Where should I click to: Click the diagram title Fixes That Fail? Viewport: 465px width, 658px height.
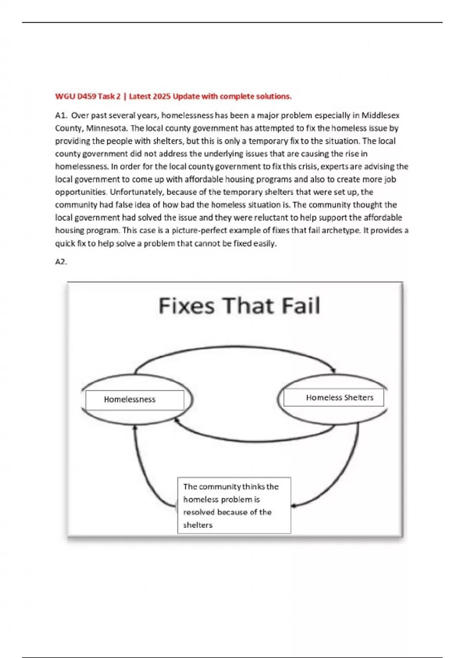point(239,306)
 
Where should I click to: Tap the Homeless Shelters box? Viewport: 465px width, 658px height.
point(334,398)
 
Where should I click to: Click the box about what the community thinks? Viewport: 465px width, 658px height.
point(234,505)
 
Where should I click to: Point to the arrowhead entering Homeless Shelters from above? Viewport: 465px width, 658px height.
point(332,370)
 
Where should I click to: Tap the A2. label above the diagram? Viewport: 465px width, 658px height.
point(61,262)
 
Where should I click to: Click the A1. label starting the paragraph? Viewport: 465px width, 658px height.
point(61,115)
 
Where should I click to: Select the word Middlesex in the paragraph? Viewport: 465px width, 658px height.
point(381,115)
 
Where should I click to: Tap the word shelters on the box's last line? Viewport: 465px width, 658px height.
point(198,525)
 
